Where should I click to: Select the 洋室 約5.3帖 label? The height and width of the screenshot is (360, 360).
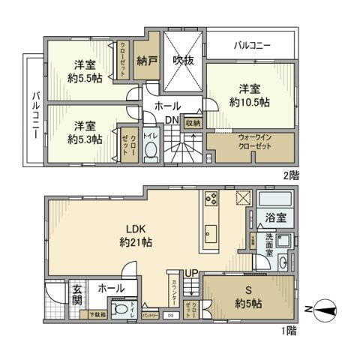pos(84,131)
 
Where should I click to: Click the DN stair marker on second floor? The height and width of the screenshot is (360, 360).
pos(171,121)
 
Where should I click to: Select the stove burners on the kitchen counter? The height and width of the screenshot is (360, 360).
pos(210,200)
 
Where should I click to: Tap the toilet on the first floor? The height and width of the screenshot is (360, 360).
pos(120,311)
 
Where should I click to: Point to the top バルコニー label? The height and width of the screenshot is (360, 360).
pos(252,46)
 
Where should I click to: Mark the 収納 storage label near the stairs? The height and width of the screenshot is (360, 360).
pos(192,123)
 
